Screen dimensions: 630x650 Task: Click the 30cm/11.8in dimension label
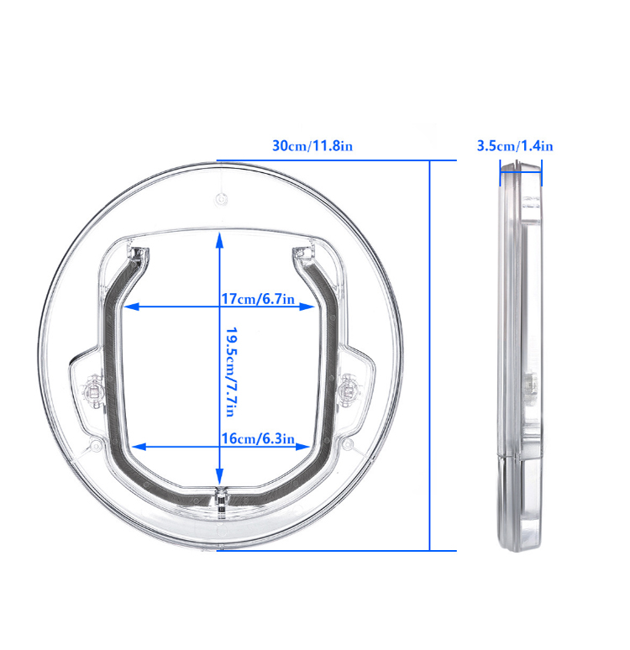(x=312, y=146)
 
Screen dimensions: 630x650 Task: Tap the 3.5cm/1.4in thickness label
(x=515, y=146)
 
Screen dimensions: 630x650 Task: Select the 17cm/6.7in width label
(x=258, y=299)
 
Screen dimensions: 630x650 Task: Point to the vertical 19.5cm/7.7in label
(x=232, y=372)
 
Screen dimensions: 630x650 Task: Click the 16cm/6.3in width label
(x=258, y=438)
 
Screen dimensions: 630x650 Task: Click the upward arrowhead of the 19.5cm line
(x=219, y=240)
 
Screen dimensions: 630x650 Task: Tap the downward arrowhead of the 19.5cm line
(x=219, y=476)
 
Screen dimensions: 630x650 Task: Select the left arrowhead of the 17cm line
(x=131, y=307)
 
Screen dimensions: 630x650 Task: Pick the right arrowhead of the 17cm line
(x=307, y=307)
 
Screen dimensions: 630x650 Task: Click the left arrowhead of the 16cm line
(x=139, y=447)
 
